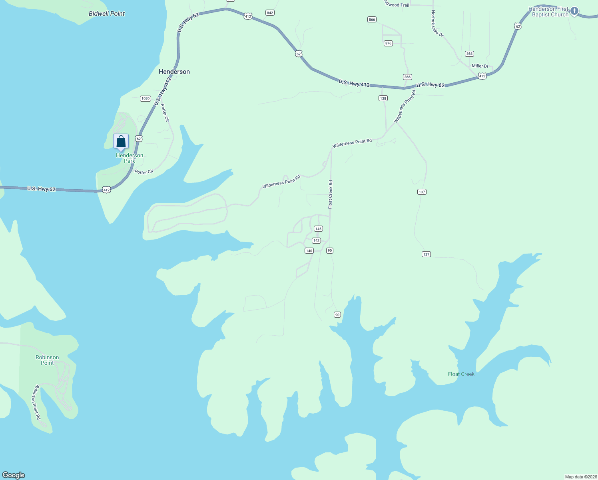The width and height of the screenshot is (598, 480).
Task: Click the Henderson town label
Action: coord(174,72)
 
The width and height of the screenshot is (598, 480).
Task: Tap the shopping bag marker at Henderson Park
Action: coord(121,142)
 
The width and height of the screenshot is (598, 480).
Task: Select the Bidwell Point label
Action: coord(107,14)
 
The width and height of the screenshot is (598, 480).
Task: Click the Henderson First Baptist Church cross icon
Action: coord(574,11)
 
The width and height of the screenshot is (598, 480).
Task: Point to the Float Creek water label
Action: coord(461,374)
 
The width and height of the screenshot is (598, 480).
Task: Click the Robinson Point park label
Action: coord(47,360)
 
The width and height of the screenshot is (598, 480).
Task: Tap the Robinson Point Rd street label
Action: coord(37,402)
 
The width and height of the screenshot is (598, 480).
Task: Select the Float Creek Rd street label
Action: coord(331,194)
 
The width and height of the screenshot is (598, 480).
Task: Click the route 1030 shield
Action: coord(146,98)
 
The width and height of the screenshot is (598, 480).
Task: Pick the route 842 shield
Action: coord(270,13)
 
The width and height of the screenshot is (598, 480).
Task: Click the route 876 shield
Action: coord(388,43)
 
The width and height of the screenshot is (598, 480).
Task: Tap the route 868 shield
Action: coord(469,54)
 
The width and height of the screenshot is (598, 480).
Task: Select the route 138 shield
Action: coord(383,98)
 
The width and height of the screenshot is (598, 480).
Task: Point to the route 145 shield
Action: coord(318,229)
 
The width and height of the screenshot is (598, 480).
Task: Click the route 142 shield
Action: coord(317,240)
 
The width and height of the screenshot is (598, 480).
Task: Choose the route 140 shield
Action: coord(309,251)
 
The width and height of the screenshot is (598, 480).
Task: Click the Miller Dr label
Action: coord(480,66)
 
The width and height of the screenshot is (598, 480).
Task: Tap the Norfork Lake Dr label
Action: coord(437,24)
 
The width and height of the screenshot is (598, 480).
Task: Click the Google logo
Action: coord(14,475)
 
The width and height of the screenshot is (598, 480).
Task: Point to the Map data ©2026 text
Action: coord(580,477)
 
